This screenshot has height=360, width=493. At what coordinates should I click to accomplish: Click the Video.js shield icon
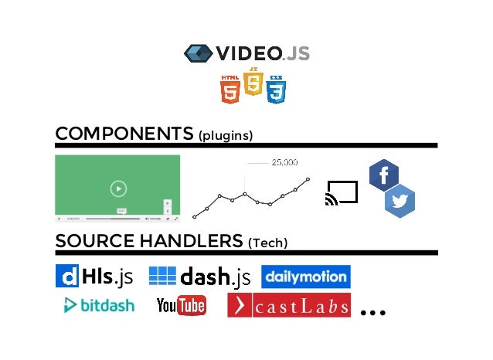coord(198,53)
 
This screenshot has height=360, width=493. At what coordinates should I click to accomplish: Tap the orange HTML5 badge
coord(229,89)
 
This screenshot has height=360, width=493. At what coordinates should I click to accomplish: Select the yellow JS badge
coord(253,82)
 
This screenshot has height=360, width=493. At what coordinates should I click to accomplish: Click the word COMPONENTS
coord(124,134)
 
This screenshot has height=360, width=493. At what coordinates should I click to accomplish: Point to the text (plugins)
coord(226,136)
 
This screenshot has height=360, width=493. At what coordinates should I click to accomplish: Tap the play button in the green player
coord(117,188)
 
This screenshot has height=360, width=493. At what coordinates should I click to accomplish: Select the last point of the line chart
coord(308,179)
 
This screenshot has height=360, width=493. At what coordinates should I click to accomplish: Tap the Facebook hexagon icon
coord(384,175)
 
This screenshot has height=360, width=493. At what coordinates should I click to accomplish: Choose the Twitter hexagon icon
coord(400,202)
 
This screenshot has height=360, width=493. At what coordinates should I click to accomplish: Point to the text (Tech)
coord(267,243)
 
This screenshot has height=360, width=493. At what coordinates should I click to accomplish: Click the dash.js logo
coord(199,276)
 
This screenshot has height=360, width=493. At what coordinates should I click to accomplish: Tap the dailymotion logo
coord(305,277)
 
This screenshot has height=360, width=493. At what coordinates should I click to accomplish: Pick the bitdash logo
coord(98,305)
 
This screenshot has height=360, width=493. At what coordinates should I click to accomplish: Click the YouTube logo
coord(181,306)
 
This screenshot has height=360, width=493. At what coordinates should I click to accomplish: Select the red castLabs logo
coord(288,305)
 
